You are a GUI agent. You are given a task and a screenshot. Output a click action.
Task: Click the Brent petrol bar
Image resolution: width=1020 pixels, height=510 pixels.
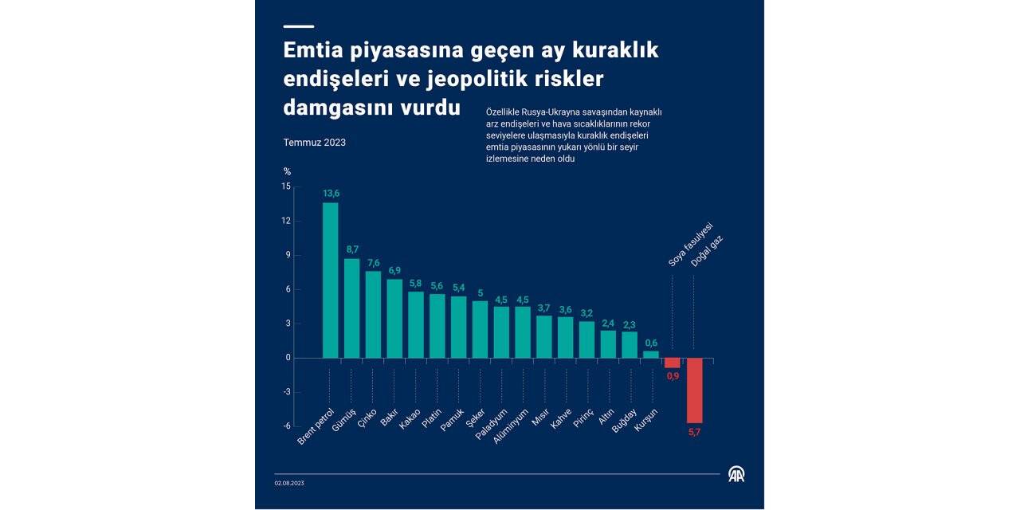(330, 280)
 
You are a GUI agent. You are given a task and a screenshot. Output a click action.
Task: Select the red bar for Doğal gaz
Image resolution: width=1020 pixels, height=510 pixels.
(694, 390)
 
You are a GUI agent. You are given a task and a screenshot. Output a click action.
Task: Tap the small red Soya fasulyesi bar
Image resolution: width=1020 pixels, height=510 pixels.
(673, 363)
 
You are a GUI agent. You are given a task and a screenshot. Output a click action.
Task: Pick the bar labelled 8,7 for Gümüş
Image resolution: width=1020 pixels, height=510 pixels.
(351, 308)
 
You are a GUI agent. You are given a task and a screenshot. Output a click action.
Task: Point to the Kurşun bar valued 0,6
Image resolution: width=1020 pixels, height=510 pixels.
(651, 355)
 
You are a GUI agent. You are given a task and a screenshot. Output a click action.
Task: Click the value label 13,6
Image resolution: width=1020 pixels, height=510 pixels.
(331, 194)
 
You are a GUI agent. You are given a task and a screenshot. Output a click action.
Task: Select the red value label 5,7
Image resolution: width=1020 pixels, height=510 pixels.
(694, 432)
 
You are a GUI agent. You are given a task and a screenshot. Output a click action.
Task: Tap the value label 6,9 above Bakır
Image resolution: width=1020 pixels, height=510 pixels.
(394, 271)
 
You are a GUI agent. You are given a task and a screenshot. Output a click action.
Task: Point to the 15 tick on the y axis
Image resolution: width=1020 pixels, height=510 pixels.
(286, 186)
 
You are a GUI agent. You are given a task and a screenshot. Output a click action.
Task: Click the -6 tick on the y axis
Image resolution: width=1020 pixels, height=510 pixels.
(285, 426)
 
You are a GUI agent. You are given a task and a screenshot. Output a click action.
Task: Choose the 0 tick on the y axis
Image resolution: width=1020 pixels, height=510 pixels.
(288, 358)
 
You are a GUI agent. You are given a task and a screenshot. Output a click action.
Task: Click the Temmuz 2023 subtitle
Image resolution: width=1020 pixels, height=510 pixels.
(314, 143)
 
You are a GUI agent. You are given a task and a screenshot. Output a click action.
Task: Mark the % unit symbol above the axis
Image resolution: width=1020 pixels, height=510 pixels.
(287, 171)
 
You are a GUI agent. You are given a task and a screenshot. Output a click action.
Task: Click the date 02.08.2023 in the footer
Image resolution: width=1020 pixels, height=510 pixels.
(289, 483)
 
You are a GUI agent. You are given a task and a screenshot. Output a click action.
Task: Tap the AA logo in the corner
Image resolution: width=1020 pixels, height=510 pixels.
(736, 474)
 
